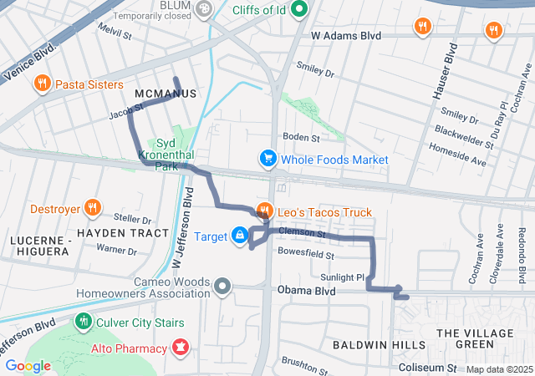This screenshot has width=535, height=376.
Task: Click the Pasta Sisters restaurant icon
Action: (41, 84)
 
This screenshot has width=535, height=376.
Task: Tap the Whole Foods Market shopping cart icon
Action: (268, 159)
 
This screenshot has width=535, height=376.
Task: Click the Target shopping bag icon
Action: (240, 236)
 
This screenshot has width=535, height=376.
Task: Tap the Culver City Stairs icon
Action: (82, 321)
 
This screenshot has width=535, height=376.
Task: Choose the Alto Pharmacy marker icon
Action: (180, 345)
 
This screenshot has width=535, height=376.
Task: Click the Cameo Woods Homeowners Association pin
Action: (222, 287)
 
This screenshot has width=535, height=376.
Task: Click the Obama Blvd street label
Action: (306, 292)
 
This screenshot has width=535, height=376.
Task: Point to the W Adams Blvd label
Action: (346, 36)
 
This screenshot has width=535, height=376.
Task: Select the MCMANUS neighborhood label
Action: (165, 94)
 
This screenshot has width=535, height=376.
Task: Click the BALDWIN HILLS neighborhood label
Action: (369, 344)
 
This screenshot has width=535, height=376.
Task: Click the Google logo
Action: (28, 365)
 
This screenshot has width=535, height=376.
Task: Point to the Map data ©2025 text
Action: (499, 369)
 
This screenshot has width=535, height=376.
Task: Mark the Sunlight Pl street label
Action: (343, 277)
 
